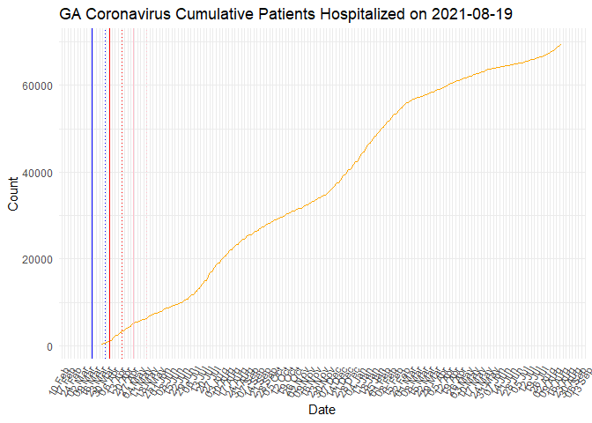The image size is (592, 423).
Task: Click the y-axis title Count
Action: pyautogui.click(x=13, y=194)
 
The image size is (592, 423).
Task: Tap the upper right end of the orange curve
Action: pyautogui.click(x=561, y=44)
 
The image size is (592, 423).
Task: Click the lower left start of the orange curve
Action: pyautogui.click(x=101, y=345)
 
